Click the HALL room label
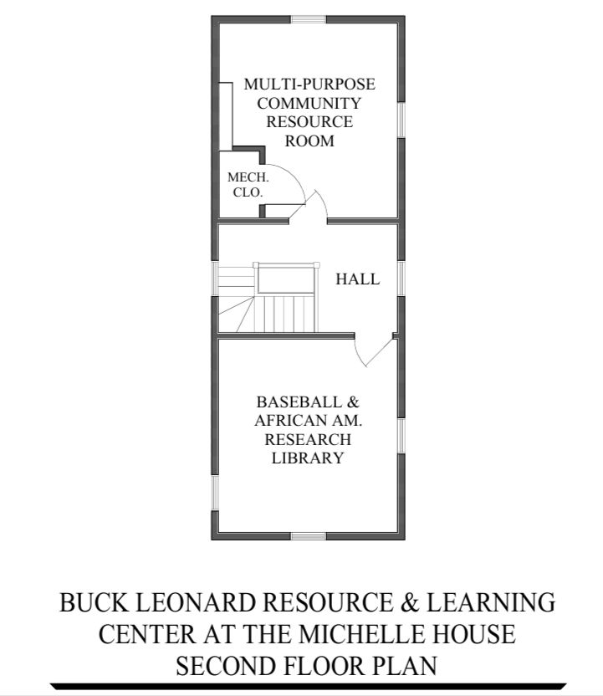click(x=357, y=279)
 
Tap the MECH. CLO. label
click(x=247, y=185)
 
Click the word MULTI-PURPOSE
click(x=309, y=84)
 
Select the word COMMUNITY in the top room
click(x=309, y=104)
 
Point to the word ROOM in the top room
click(x=309, y=141)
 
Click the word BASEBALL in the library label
click(x=299, y=401)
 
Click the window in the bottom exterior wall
click(x=308, y=535)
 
